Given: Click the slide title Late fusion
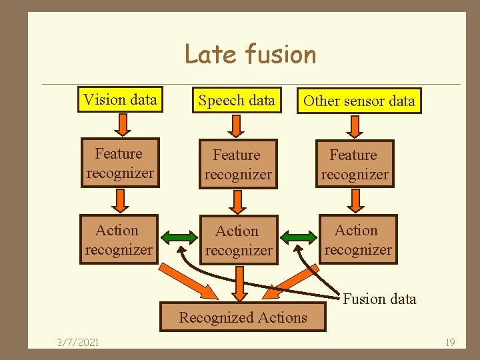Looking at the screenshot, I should point(250,54).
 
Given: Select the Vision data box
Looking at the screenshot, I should point(121,100).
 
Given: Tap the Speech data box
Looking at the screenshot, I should point(237,101).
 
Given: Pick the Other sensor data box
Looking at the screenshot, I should point(359,101).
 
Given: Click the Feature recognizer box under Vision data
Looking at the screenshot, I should point(120,164).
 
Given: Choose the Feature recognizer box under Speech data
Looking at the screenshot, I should point(238,165).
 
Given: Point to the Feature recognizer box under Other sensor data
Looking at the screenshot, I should point(355,164).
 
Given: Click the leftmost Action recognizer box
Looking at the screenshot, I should point(119,240).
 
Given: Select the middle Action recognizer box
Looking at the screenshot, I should point(238,241).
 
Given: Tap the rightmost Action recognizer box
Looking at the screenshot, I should point(358,240).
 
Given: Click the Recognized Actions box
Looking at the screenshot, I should point(243,317).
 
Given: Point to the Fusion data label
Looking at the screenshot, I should point(379,299).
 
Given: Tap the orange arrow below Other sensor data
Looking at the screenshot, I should point(355,125).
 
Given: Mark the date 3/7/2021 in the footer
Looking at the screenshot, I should point(78,342).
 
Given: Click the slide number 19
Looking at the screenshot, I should point(450,342).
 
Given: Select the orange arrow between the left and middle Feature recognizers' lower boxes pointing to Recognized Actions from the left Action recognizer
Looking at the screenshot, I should point(193,280).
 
